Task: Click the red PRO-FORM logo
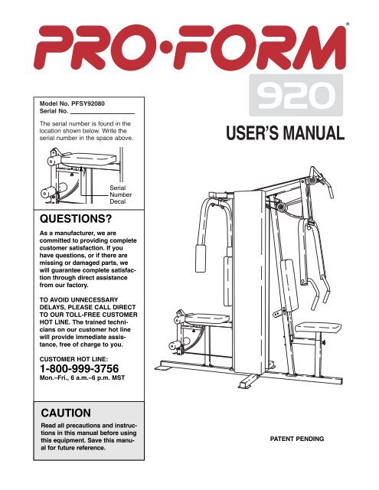tap(190, 47)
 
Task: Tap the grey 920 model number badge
tap(296, 95)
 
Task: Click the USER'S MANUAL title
tap(285, 133)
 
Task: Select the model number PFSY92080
tap(88, 103)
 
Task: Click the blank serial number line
tap(102, 114)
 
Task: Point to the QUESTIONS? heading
tap(76, 219)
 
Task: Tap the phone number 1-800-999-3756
tap(79, 368)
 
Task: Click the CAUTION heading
tap(66, 413)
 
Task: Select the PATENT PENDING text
tap(297, 439)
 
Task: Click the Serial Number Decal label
tap(120, 194)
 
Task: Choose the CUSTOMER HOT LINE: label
tap(74, 359)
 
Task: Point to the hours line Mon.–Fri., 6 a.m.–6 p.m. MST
tap(82, 377)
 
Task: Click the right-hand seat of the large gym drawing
tap(318, 328)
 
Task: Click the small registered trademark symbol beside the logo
tap(348, 24)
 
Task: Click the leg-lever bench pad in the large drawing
tap(207, 318)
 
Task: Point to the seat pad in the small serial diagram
tap(88, 159)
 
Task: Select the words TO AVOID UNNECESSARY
tap(79, 299)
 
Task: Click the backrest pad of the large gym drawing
tap(289, 285)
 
